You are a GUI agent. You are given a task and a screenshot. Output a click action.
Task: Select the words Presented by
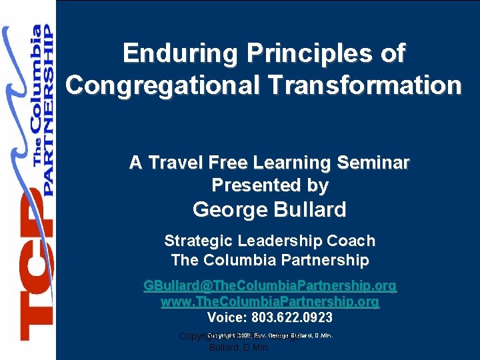270,185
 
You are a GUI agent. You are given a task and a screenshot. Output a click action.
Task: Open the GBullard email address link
270,286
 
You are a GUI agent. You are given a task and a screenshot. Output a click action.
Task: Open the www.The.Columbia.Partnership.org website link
270,302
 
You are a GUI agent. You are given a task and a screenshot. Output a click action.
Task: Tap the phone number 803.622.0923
292,318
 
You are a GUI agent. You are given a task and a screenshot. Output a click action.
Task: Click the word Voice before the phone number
227,318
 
